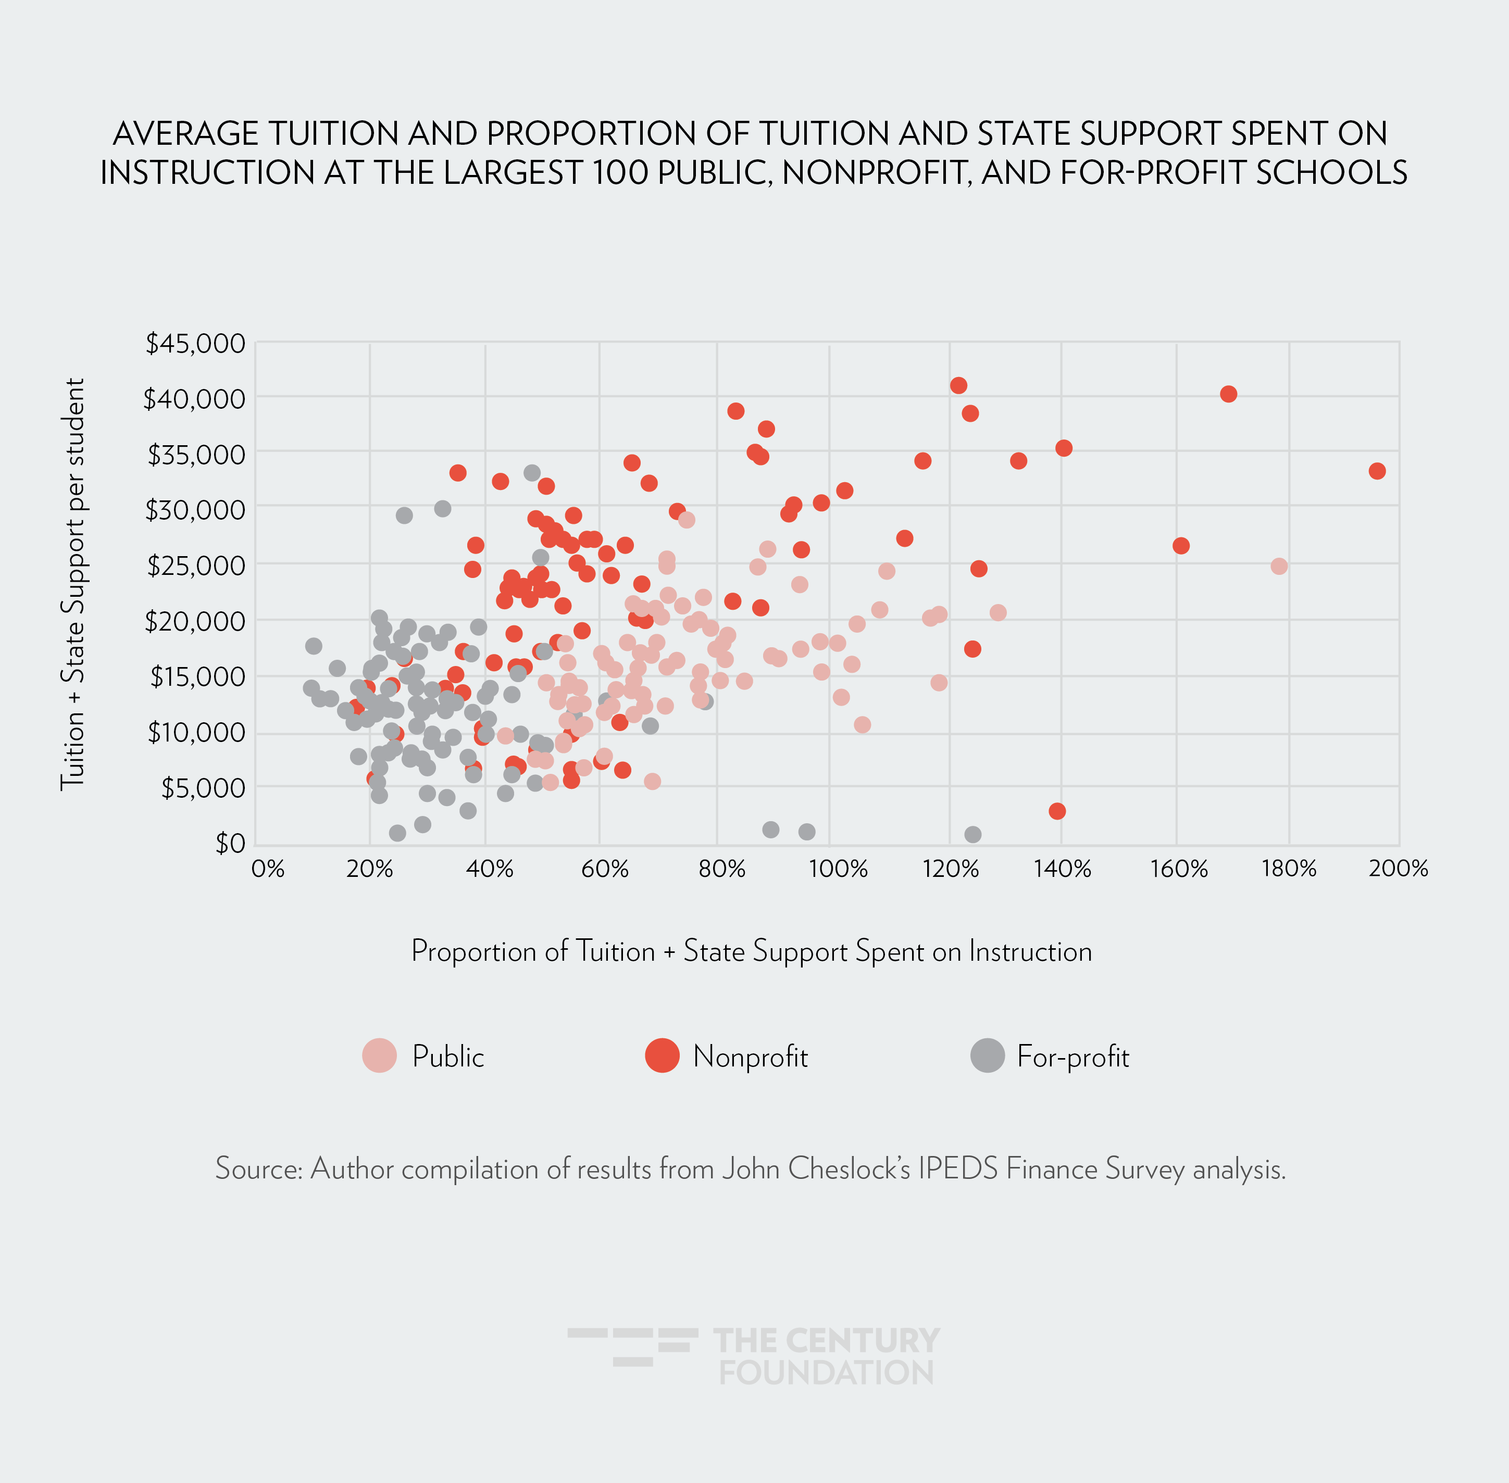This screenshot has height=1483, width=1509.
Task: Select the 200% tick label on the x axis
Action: coord(1399,869)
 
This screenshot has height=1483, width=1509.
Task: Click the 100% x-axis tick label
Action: coord(838,869)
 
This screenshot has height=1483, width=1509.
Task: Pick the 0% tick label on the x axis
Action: coord(267,869)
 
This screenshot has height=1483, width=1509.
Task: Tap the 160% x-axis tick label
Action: coord(1179,869)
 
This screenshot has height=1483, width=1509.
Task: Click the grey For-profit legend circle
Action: coord(987,1055)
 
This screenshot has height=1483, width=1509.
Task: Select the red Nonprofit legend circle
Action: coord(662,1055)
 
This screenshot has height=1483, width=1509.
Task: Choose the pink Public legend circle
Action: coord(379,1055)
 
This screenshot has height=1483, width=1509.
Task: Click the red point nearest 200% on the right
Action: coord(1377,471)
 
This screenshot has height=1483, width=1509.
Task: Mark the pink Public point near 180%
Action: coord(1278,566)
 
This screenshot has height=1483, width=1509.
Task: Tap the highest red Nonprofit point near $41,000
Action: coord(958,385)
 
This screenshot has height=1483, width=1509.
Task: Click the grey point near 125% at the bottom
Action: coord(972,834)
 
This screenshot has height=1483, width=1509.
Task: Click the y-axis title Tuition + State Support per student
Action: coord(72,584)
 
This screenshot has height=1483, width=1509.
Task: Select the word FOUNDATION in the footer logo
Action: coord(826,1373)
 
